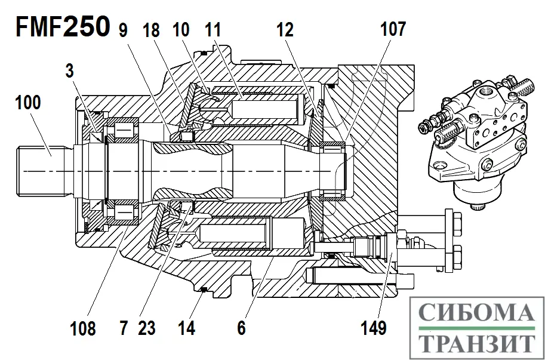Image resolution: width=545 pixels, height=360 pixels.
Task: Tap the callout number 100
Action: (x=28, y=102)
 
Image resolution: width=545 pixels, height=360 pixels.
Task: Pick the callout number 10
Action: (x=182, y=29)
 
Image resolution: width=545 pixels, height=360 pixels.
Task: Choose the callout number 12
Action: (x=285, y=29)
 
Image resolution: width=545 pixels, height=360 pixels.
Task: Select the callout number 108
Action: (x=82, y=328)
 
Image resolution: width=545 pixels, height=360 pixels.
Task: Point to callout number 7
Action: (x=124, y=328)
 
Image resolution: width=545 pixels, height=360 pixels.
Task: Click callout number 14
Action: (x=187, y=328)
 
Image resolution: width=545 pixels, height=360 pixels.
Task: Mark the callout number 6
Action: (x=241, y=328)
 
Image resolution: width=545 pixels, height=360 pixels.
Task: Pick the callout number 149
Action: (x=374, y=328)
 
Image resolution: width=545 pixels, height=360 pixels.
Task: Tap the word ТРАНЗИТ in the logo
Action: (x=476, y=343)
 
